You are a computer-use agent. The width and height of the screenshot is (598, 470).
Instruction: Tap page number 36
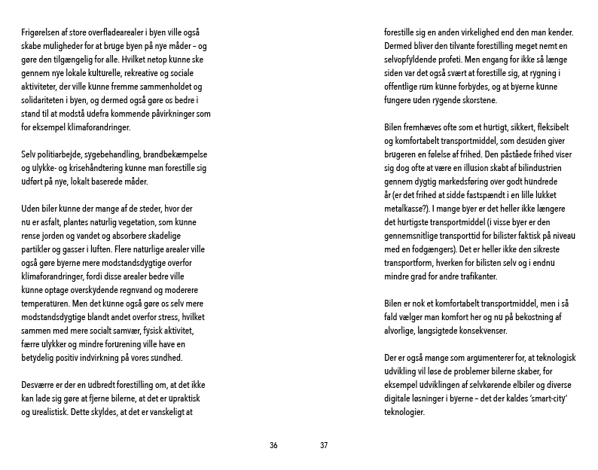coord(273,445)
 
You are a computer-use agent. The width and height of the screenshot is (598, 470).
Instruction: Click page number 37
coord(324,445)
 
